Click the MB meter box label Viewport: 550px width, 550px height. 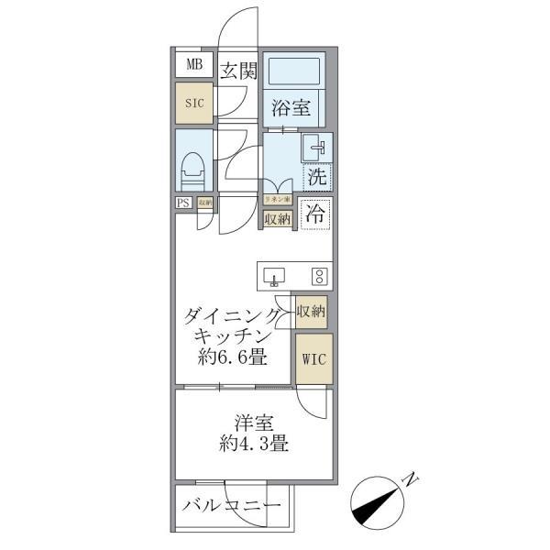coord(193,64)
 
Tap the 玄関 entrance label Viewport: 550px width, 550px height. coord(238,70)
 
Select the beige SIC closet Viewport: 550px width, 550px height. coord(193,104)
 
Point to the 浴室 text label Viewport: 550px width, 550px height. coord(291,108)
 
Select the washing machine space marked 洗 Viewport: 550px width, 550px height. coord(316,173)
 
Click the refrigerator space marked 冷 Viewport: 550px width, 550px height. coord(314,214)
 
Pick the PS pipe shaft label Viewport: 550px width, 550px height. coord(183,203)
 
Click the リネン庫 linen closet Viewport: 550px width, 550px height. coord(277,199)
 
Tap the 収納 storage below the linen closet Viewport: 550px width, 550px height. coord(277,218)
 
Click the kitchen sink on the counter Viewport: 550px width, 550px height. coord(275,276)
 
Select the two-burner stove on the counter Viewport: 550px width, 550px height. coord(318,276)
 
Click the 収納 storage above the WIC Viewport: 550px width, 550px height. coord(311,312)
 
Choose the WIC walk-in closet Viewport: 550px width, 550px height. coord(311,357)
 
